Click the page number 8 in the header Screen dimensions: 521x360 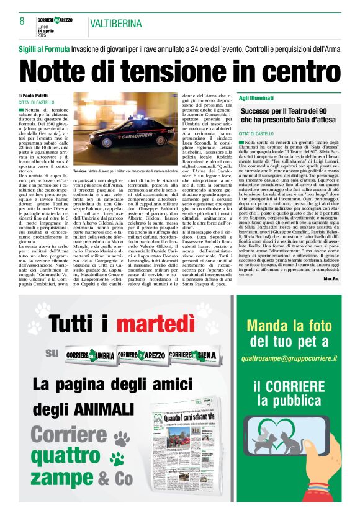(x=22, y=21)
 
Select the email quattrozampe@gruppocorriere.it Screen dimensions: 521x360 (x=298, y=358)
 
